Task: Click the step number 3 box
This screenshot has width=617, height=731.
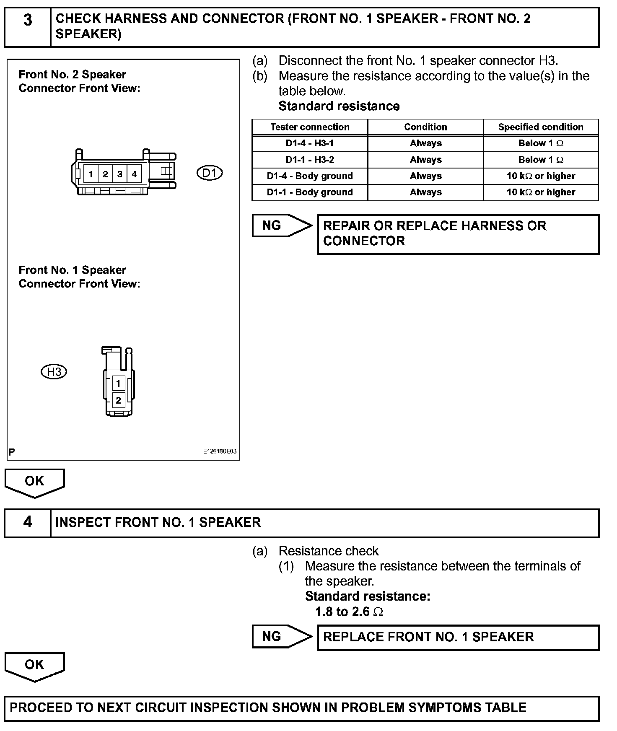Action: click(28, 27)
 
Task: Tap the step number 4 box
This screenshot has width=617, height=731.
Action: click(28, 523)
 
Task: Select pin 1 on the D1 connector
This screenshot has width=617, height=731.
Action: click(91, 174)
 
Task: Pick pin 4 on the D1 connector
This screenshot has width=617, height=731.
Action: click(134, 174)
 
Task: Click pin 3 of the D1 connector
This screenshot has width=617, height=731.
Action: click(120, 174)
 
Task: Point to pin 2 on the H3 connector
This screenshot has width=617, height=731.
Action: click(119, 400)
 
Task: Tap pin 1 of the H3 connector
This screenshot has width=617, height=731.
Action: click(119, 383)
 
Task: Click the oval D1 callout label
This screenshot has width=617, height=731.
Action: click(210, 173)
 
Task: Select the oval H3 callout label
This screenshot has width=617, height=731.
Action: click(54, 372)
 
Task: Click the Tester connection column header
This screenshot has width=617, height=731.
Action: click(310, 127)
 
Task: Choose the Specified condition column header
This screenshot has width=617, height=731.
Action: click(541, 127)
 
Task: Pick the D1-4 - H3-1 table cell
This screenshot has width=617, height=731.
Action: click(310, 143)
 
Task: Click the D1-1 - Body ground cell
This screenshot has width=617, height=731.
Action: click(310, 192)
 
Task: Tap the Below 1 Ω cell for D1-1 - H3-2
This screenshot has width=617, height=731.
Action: click(541, 160)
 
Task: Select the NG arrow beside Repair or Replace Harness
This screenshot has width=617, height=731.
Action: click(282, 226)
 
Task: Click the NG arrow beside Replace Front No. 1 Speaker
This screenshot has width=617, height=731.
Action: click(282, 637)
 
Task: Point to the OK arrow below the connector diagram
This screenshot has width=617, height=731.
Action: click(34, 482)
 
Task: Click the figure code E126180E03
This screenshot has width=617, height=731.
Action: click(220, 451)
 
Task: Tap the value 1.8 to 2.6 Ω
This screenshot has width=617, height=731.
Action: click(349, 612)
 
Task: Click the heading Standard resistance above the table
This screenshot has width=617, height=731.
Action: click(339, 106)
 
